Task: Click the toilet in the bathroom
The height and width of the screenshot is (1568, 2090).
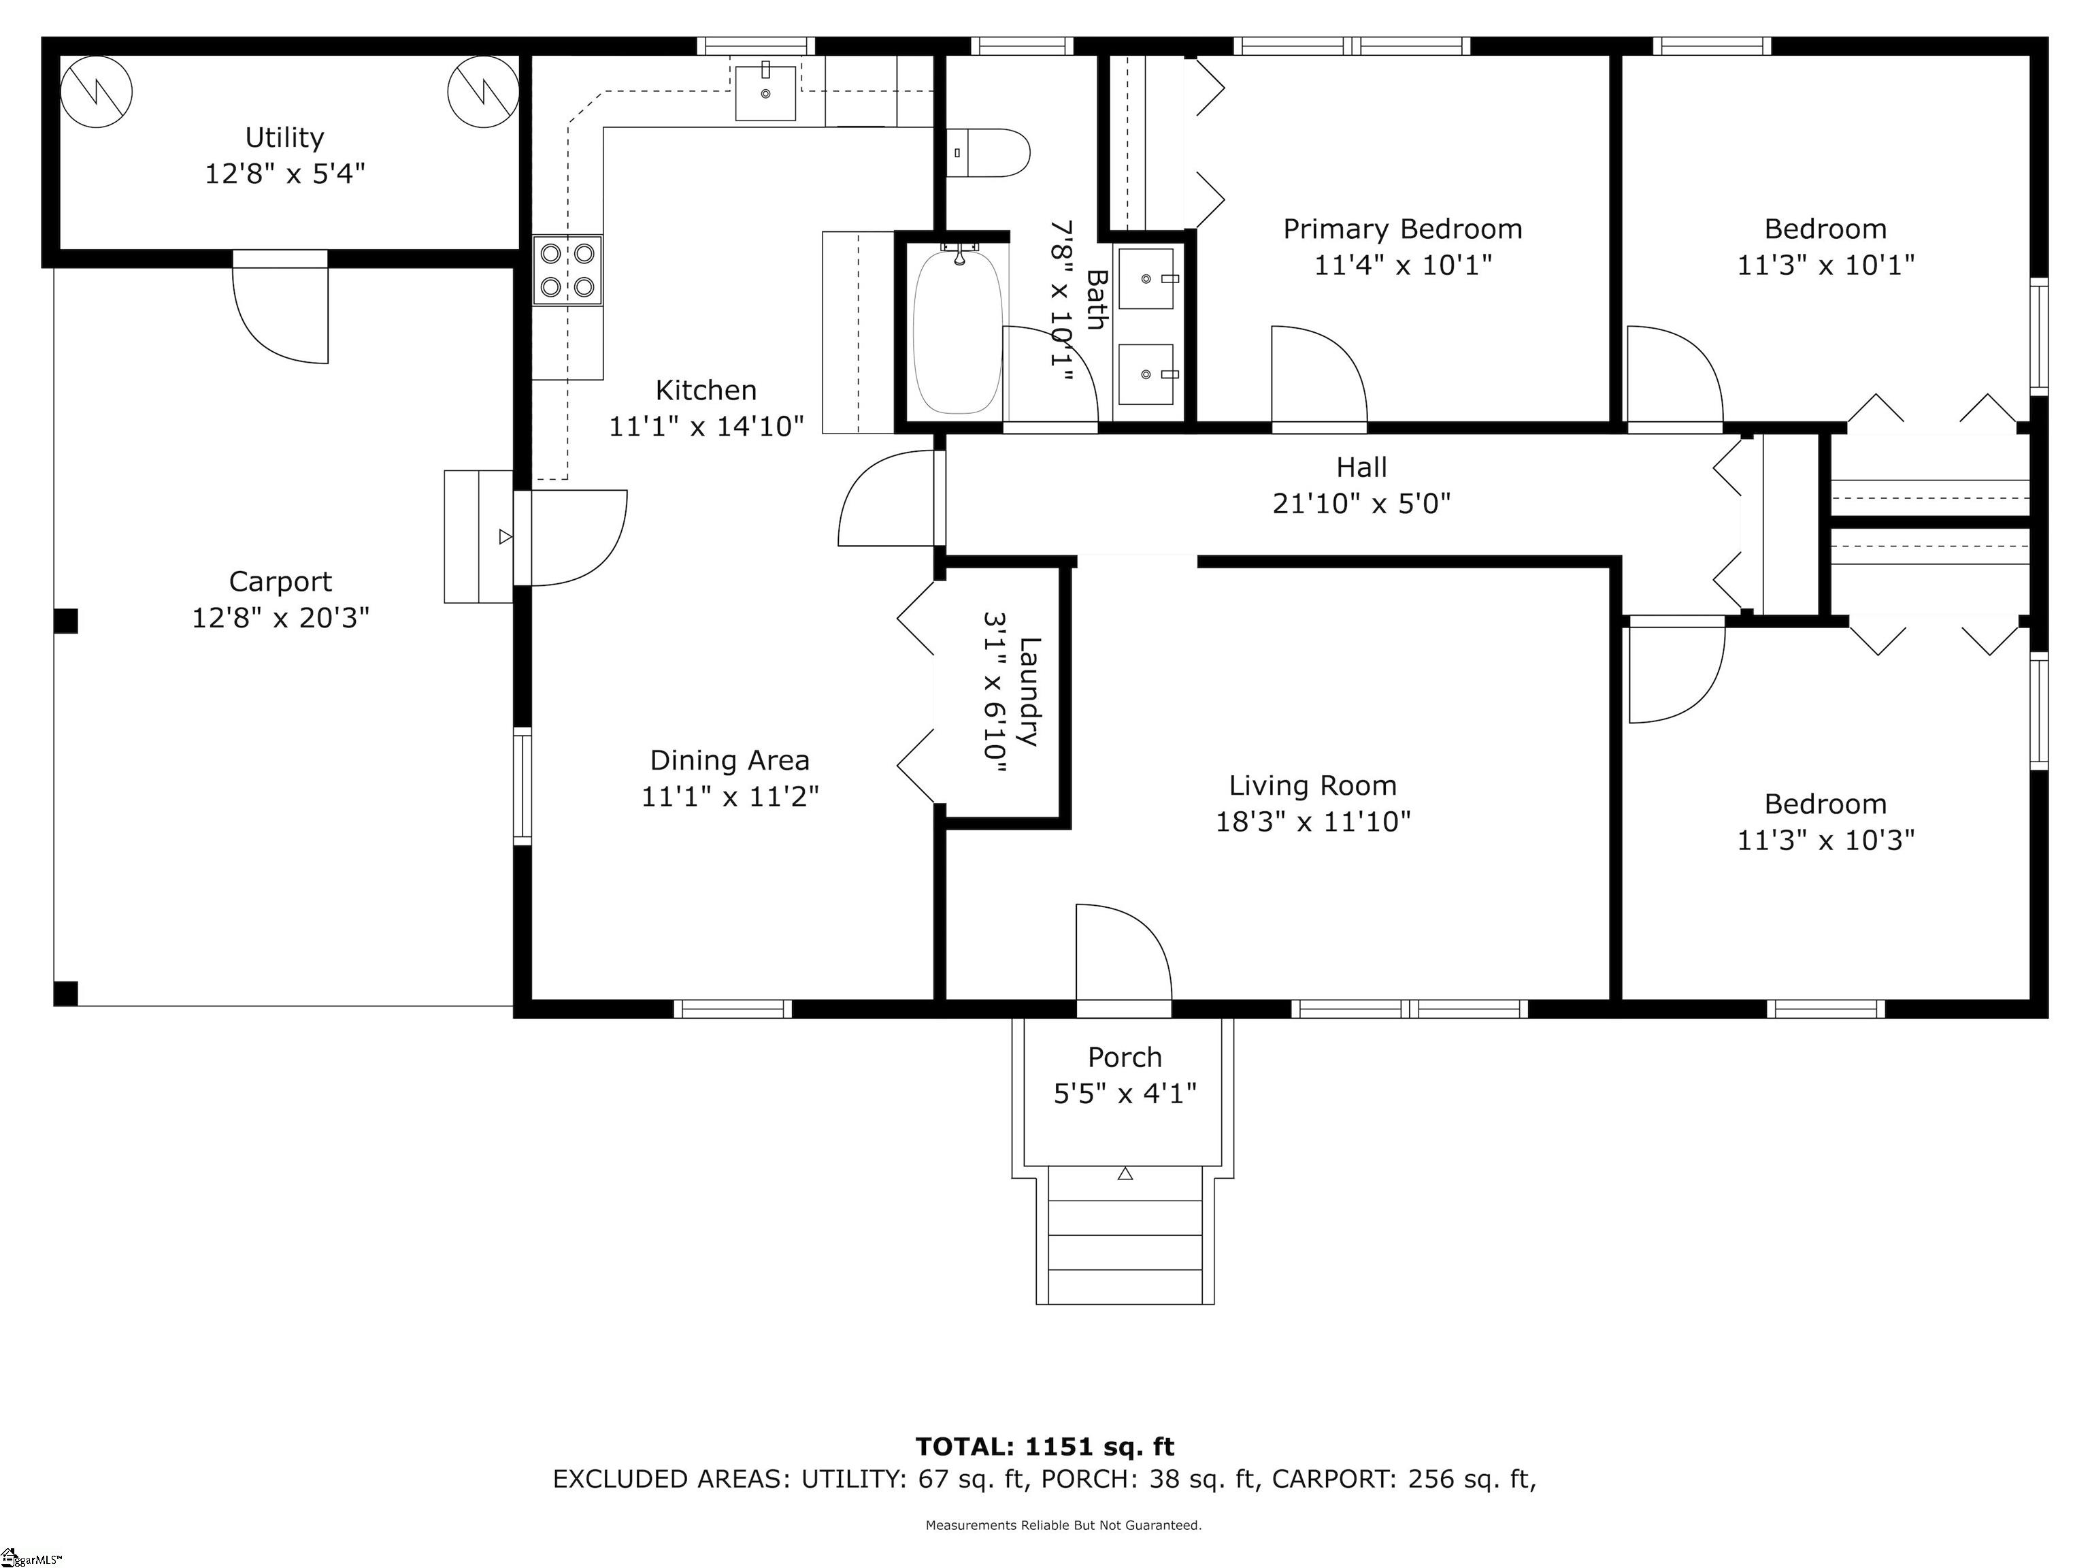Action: point(987,152)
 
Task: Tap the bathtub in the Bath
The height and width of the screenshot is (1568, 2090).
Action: point(957,330)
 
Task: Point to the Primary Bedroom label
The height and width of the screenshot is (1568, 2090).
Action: point(1402,229)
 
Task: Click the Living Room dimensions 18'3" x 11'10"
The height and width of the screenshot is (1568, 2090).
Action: point(1312,821)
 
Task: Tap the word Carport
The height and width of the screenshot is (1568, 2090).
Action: point(280,581)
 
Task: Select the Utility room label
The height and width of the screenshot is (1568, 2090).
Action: point(284,138)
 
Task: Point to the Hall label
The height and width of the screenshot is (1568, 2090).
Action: point(1361,467)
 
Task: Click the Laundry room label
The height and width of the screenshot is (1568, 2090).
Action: point(1029,692)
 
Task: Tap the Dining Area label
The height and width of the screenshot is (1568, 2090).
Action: point(729,760)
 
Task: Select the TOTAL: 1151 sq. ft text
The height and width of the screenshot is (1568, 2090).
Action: point(1045,1446)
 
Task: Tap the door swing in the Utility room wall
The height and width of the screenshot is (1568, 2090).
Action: point(280,306)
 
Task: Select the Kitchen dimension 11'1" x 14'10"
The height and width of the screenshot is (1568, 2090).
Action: point(706,426)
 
